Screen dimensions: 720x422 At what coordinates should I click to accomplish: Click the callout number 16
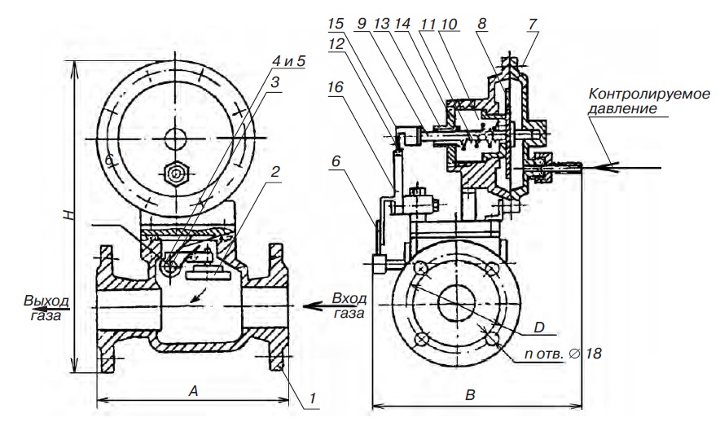336,86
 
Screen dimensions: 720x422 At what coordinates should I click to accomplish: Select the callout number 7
532,24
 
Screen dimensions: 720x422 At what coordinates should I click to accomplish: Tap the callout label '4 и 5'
288,61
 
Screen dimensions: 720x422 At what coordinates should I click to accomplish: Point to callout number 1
313,398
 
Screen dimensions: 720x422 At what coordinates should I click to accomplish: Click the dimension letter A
193,391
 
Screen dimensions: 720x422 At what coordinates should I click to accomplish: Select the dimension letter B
470,395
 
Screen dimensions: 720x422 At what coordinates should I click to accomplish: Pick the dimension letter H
68,215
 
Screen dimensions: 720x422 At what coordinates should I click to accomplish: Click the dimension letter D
539,327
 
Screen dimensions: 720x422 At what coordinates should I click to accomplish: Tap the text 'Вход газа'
349,306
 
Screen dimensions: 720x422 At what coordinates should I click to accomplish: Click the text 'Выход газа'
46,308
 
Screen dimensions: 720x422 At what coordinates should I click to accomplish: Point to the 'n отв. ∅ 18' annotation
563,354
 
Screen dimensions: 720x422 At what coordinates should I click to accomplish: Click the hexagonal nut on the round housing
176,174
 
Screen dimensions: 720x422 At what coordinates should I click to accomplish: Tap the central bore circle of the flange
456,302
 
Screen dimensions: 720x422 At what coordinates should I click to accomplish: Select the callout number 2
275,172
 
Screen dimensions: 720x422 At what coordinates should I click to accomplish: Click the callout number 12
336,44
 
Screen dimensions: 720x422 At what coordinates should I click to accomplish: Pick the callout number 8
481,24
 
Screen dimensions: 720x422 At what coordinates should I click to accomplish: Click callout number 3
275,82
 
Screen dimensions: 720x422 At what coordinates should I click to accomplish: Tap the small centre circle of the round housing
175,138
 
